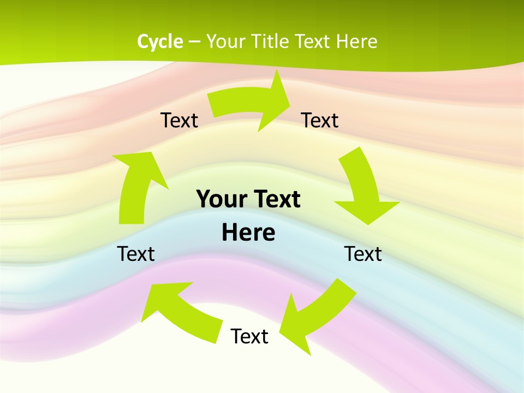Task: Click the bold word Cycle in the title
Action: coord(160,41)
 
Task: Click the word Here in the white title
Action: coord(356,41)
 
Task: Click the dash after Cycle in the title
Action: coord(194,42)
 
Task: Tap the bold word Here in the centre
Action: coord(248,233)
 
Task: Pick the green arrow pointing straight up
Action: coord(137,186)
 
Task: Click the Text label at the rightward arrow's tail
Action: coord(179,120)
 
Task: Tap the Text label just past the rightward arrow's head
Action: coord(320,120)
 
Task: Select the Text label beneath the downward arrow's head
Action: coord(363,254)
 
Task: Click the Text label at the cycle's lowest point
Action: coord(249,336)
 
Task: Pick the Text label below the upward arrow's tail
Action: coord(136,254)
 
